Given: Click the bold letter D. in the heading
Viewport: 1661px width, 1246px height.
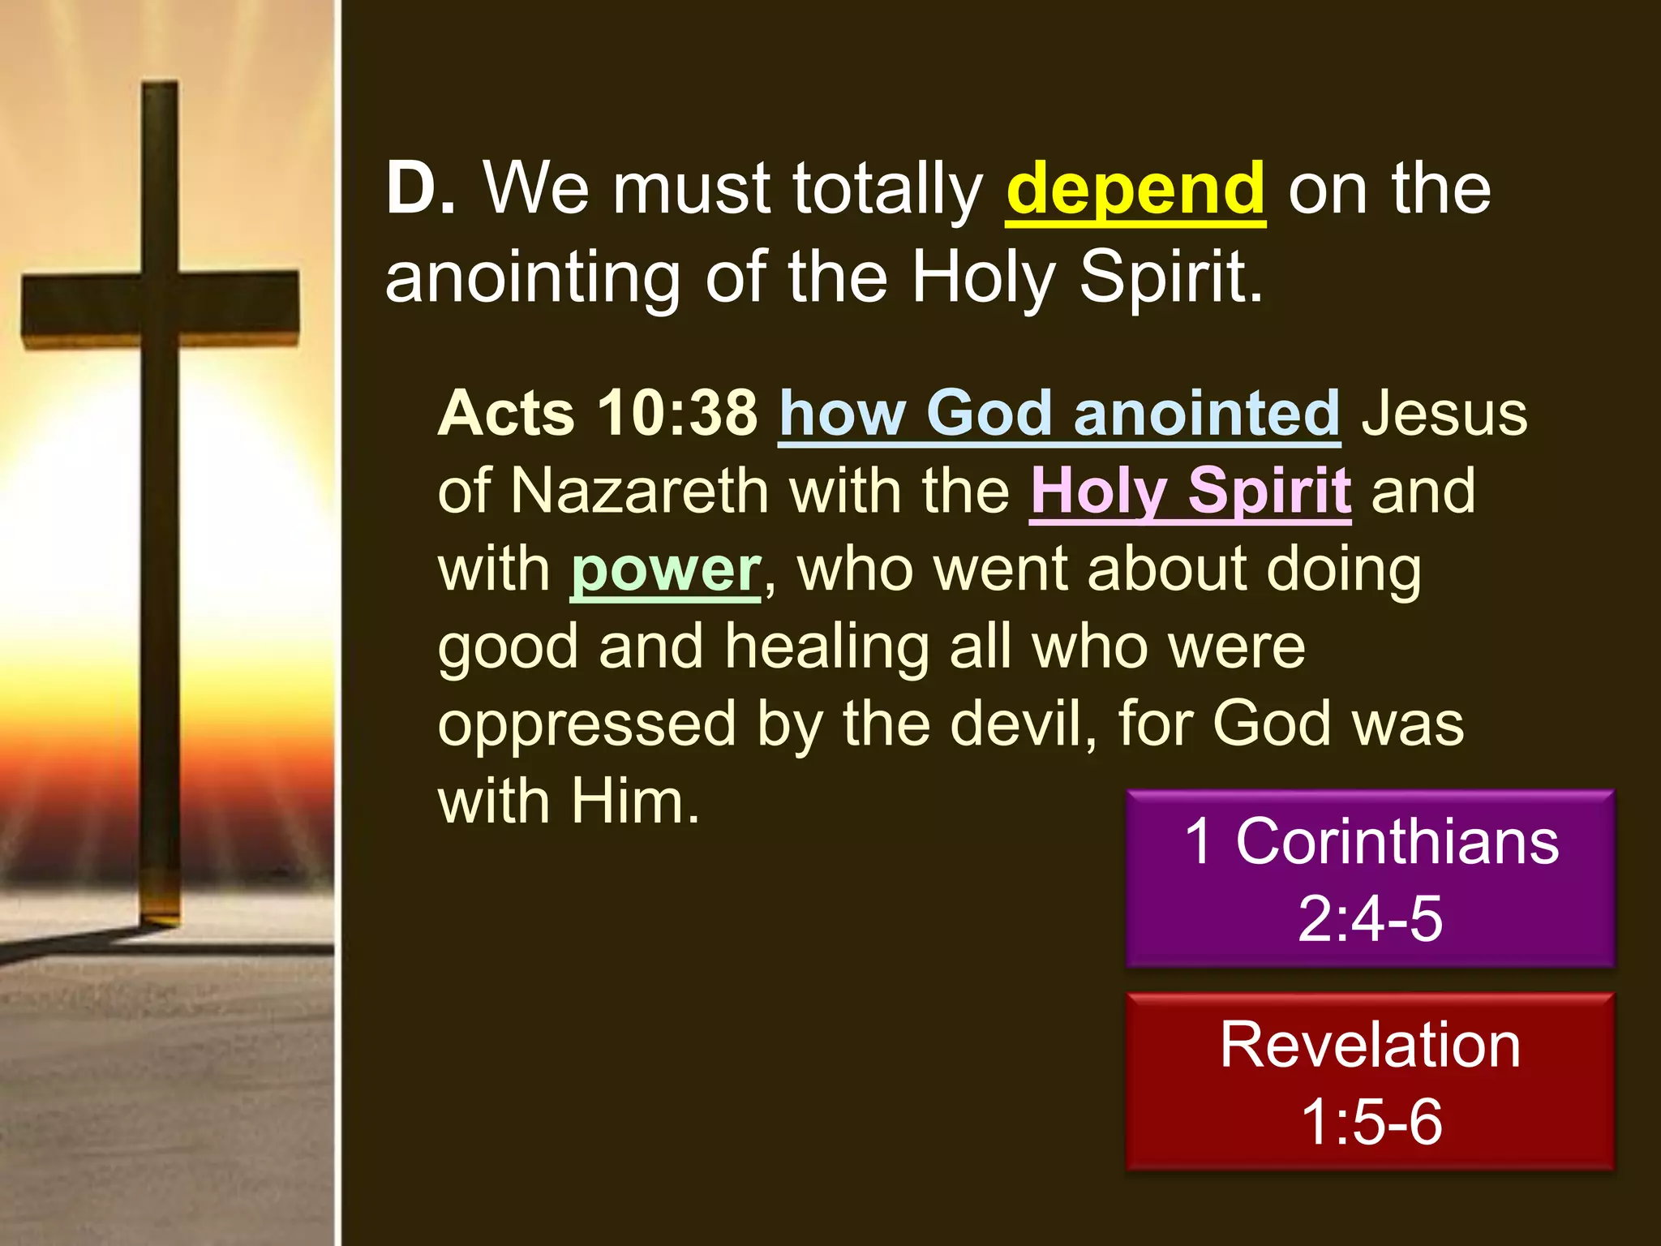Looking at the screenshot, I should click(420, 189).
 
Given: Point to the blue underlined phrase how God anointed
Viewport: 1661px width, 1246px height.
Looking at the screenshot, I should click(1058, 414).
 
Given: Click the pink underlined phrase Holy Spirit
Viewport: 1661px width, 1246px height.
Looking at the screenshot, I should click(1190, 492).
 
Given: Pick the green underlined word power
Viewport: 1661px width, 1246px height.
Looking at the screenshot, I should click(665, 569).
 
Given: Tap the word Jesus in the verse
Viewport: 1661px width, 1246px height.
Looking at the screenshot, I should click(1444, 414).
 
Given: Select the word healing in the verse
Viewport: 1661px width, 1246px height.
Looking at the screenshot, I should click(826, 647).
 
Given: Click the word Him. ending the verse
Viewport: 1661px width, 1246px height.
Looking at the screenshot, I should click(634, 801).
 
